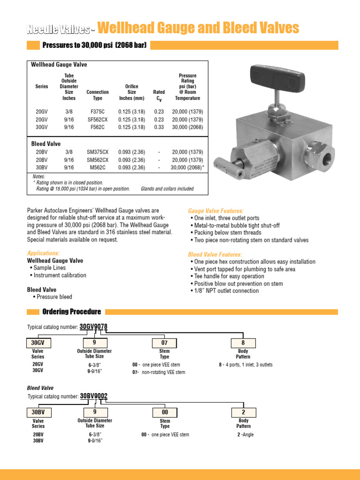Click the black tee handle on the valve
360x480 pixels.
click(x=276, y=76)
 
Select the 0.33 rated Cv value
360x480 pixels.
click(x=159, y=127)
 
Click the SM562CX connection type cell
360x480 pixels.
click(x=97, y=160)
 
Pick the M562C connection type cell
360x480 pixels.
click(x=97, y=167)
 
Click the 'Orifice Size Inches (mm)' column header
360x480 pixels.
click(x=132, y=92)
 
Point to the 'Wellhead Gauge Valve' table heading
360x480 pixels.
click(x=59, y=65)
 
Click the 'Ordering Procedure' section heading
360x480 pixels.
click(x=71, y=312)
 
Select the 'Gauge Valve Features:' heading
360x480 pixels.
click(x=216, y=211)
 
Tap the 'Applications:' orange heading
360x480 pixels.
click(x=43, y=253)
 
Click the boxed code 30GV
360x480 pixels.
click(x=38, y=343)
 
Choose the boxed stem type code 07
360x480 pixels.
click(x=165, y=343)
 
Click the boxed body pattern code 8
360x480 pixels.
click(x=243, y=343)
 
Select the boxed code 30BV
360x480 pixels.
click(x=38, y=412)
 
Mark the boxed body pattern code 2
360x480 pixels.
click(x=243, y=412)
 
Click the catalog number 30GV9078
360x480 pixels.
click(x=96, y=327)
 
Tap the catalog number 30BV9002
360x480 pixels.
click(x=94, y=396)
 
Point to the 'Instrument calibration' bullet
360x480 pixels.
click(x=60, y=275)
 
